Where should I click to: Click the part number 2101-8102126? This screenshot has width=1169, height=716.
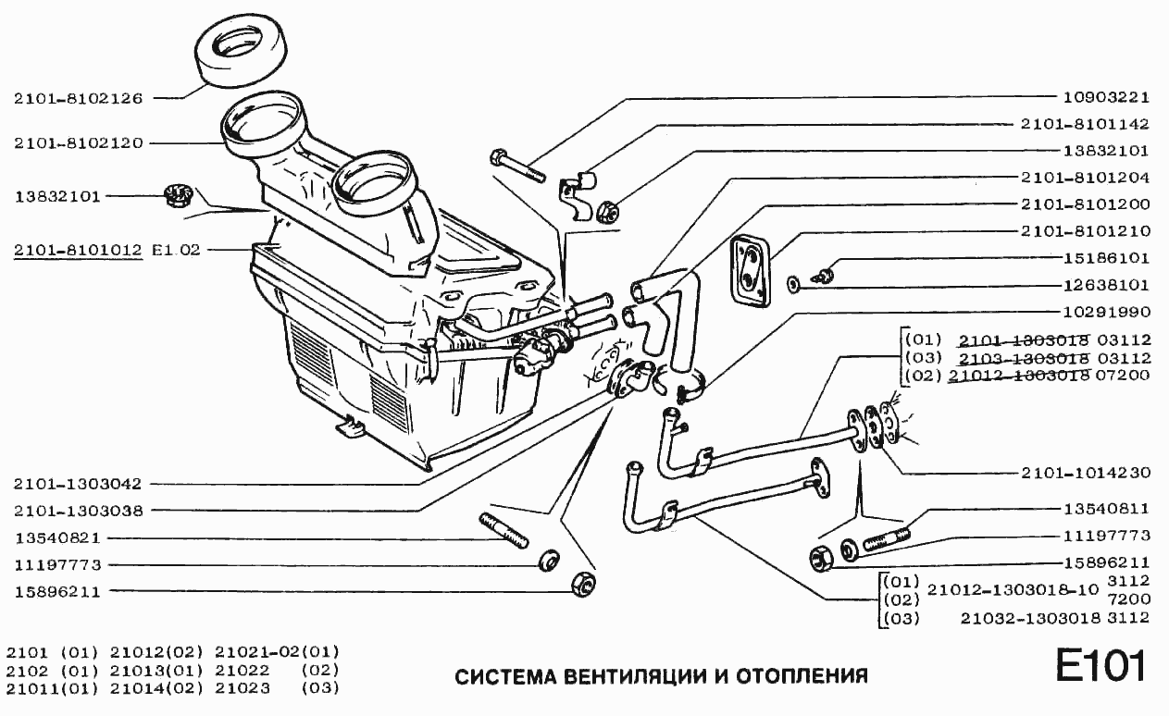78,97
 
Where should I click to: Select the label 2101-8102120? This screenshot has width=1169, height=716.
78,143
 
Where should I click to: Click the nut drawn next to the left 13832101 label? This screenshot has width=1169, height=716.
175,195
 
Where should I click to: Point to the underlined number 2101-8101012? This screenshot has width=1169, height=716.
78,250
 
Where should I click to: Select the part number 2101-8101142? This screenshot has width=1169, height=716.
1085,123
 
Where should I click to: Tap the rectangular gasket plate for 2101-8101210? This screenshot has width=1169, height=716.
749,267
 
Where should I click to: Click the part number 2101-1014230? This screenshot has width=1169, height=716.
1085,472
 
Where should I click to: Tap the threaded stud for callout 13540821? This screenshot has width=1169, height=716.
504,531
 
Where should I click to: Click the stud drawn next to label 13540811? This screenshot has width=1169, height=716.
887,535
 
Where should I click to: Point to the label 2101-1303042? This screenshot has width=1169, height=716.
78,483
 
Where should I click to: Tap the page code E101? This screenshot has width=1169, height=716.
1101,666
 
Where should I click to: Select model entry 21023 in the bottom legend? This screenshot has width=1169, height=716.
243,688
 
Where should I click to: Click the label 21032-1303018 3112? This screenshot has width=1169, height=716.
1054,617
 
